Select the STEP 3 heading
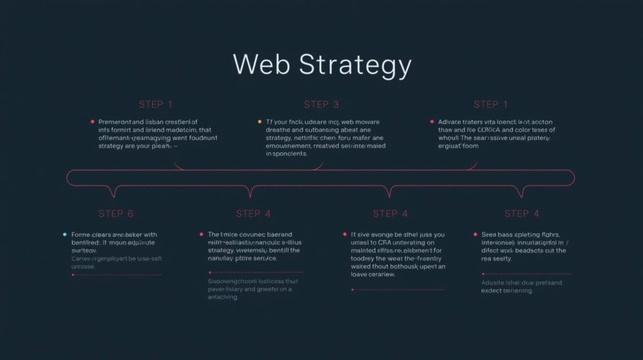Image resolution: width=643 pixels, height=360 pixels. pos(321,104)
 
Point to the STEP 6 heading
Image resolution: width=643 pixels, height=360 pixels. pos(116,214)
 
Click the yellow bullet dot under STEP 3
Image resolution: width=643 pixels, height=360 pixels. pos(260,121)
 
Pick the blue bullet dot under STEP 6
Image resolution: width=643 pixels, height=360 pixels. pos(65,234)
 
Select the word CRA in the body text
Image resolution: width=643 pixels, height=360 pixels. pos(384,242)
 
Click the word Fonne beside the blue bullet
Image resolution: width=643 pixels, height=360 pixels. pos(84,234)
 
